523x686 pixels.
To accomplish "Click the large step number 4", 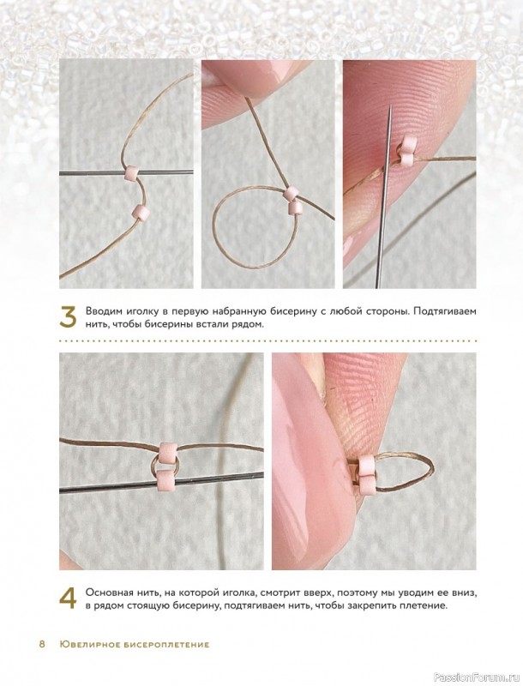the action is pos(68,598).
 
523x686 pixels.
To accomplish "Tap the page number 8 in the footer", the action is pos(42,644).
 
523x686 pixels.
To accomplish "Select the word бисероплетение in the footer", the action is pos(164,645).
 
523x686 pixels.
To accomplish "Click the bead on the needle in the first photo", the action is pos(132,173).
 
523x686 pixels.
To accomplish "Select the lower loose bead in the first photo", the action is pos(141,212).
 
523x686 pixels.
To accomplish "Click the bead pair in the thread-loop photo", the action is pos(292,199).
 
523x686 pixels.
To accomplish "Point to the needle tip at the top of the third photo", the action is pos(389,110).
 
